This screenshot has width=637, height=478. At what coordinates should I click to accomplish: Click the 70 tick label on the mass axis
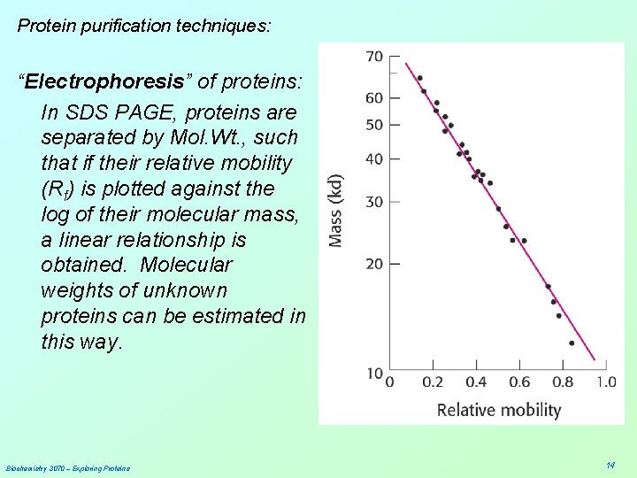click(374, 57)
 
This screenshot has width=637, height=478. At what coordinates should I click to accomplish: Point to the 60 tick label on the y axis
click(374, 97)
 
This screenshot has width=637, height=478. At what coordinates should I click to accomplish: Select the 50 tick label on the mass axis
click(374, 125)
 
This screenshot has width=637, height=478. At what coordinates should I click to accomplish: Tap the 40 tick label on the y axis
click(374, 159)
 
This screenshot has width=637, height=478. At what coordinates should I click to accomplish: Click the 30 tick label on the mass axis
click(374, 202)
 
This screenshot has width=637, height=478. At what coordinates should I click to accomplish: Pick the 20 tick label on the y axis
click(374, 264)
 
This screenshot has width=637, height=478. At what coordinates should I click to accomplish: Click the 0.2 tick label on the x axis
click(433, 382)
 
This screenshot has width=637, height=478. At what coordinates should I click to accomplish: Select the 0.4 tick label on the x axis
click(476, 382)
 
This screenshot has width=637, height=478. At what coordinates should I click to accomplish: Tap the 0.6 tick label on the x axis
click(519, 382)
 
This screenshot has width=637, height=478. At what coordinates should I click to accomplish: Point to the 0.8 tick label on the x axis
click(563, 382)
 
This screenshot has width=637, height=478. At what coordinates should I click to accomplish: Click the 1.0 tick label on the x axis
click(605, 382)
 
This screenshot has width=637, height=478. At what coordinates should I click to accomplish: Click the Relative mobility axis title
click(499, 410)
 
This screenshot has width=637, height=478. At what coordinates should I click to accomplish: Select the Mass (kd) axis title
click(336, 209)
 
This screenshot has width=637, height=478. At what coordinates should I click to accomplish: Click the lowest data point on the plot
click(572, 343)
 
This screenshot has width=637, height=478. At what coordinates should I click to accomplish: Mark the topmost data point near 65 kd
click(419, 78)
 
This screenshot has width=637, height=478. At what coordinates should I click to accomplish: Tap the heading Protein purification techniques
click(144, 26)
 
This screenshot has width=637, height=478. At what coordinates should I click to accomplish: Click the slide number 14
click(610, 465)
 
